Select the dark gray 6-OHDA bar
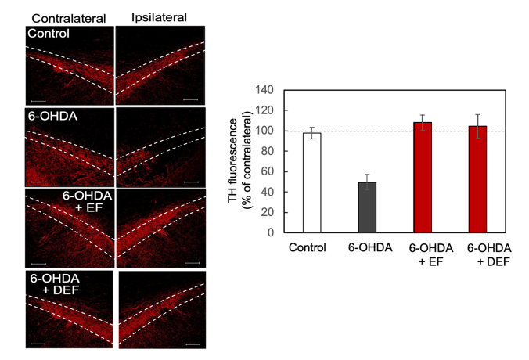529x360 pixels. coord(367,207)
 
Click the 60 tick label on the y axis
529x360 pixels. coord(267,172)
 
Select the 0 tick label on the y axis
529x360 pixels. coord(270,233)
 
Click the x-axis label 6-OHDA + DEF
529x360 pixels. coord(487,254)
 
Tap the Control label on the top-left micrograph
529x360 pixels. coord(47,34)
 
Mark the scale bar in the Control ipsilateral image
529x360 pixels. coord(190,100)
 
